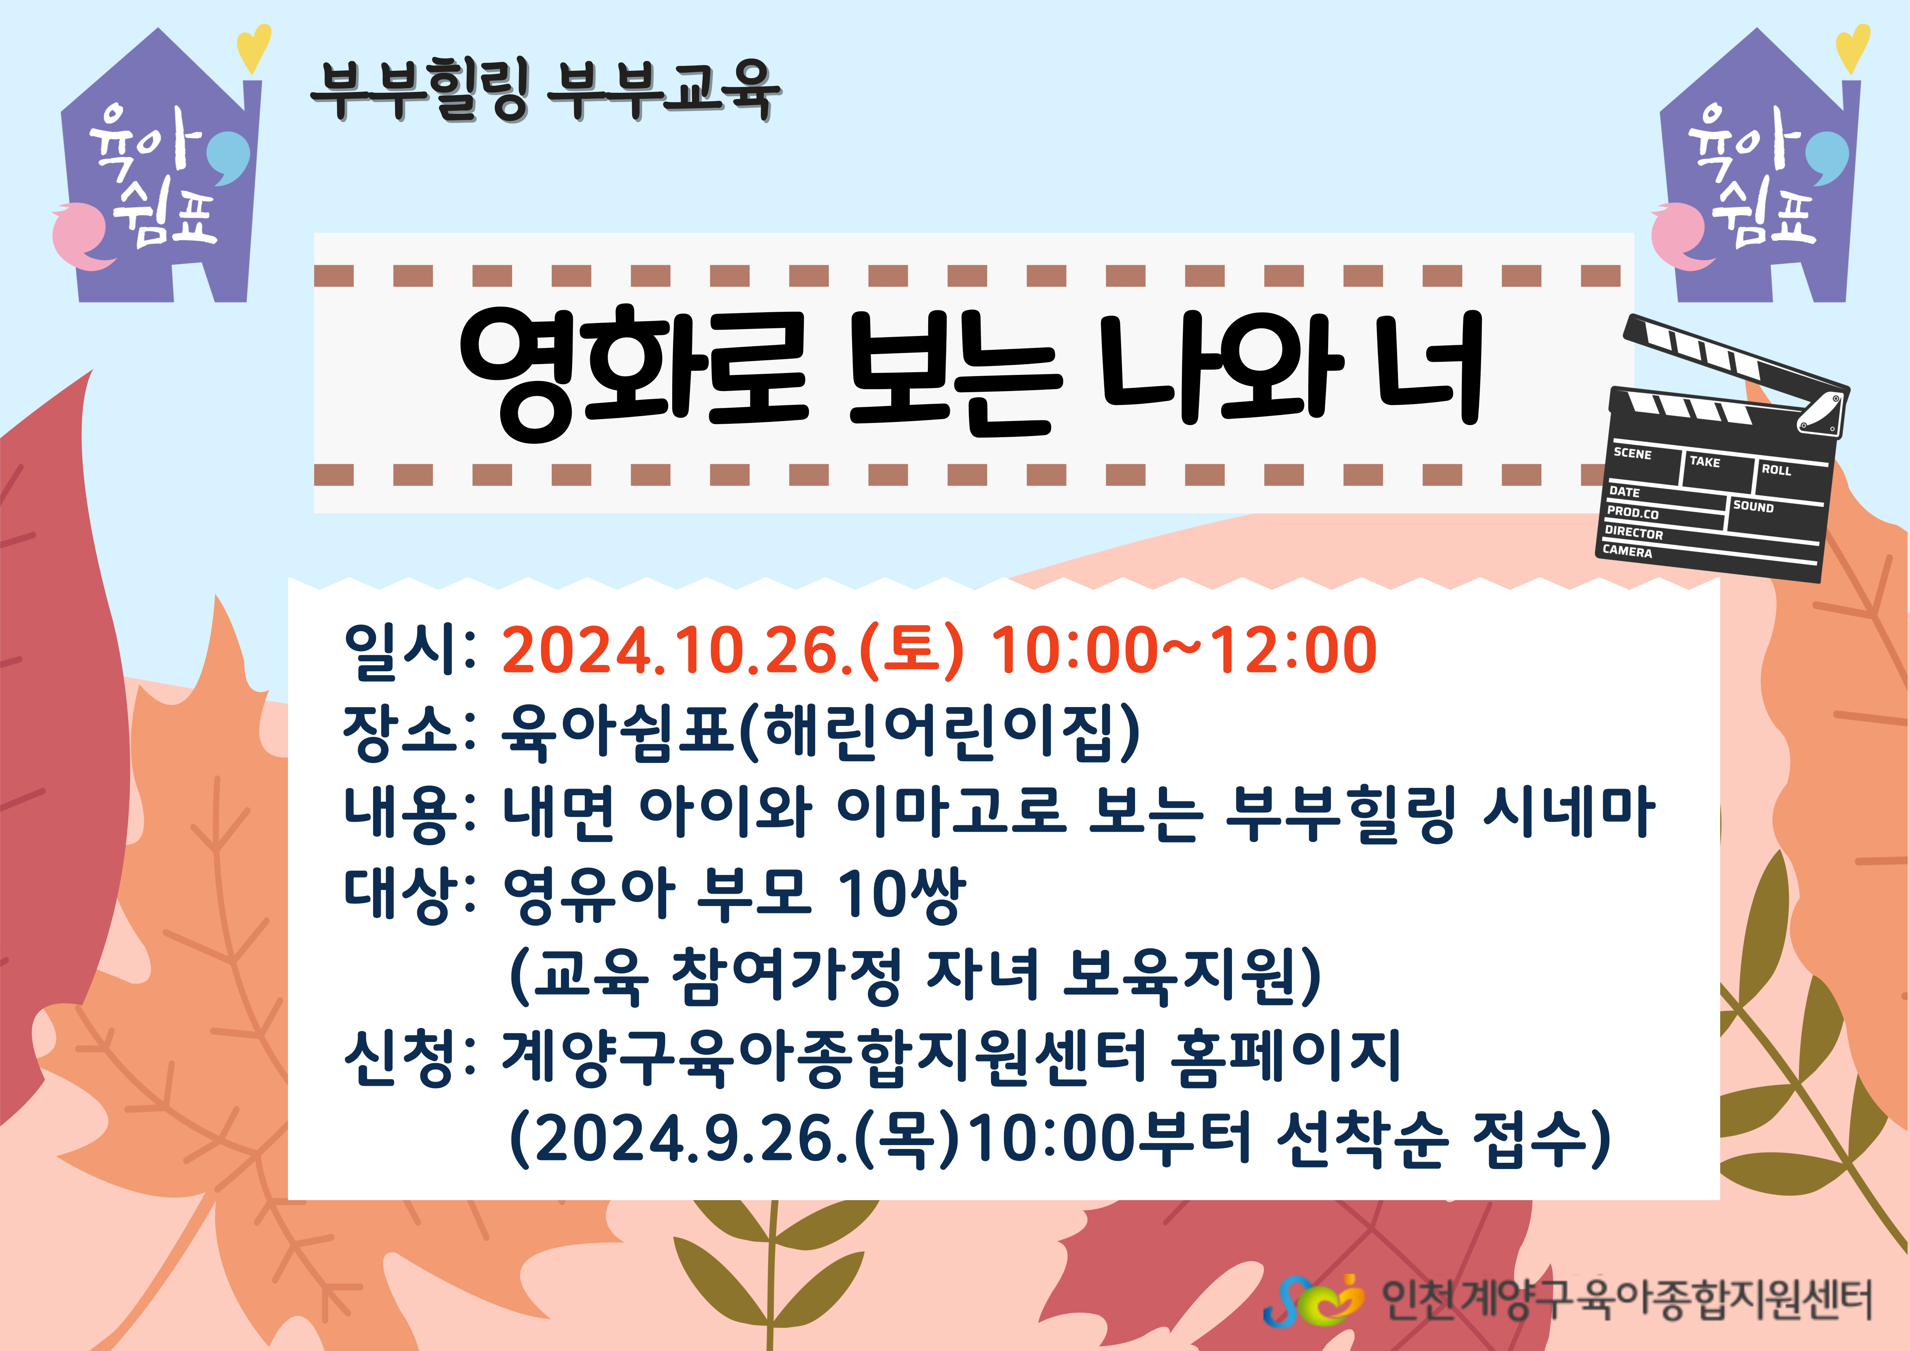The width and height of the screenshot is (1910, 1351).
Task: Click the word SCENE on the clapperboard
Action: click(1632, 453)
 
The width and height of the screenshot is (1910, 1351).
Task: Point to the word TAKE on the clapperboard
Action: click(1704, 462)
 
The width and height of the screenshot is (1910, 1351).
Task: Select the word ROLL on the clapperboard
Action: click(1776, 470)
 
